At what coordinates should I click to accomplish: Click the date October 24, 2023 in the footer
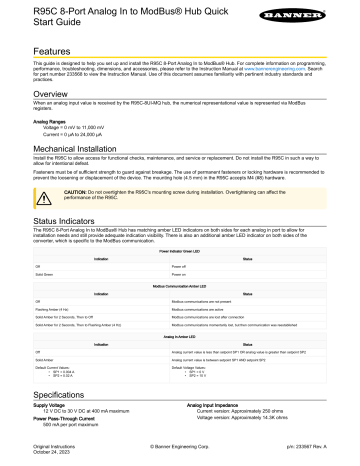pyautogui.click(x=26, y=459)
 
